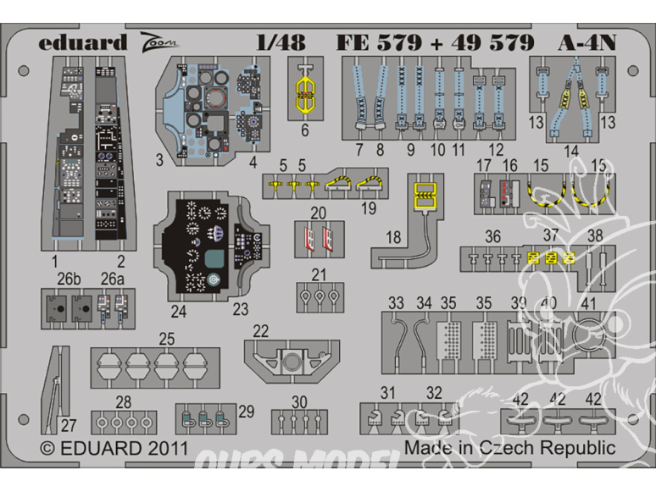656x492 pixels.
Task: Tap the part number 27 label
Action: coord(69,426)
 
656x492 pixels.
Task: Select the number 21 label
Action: coord(318,274)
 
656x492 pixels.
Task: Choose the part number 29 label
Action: coord(247,411)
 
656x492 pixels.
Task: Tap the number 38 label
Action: coord(595,235)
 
